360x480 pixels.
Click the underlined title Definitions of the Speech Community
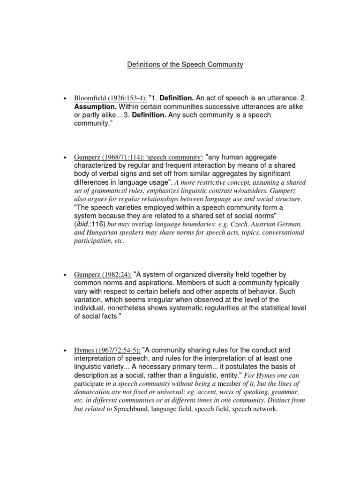point(185,65)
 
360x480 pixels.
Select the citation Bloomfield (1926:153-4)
point(110,98)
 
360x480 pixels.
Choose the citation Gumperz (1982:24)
point(103,275)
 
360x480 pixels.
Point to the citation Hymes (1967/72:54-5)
point(107,350)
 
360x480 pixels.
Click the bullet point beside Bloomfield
point(63,99)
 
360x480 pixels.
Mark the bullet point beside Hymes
point(63,351)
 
